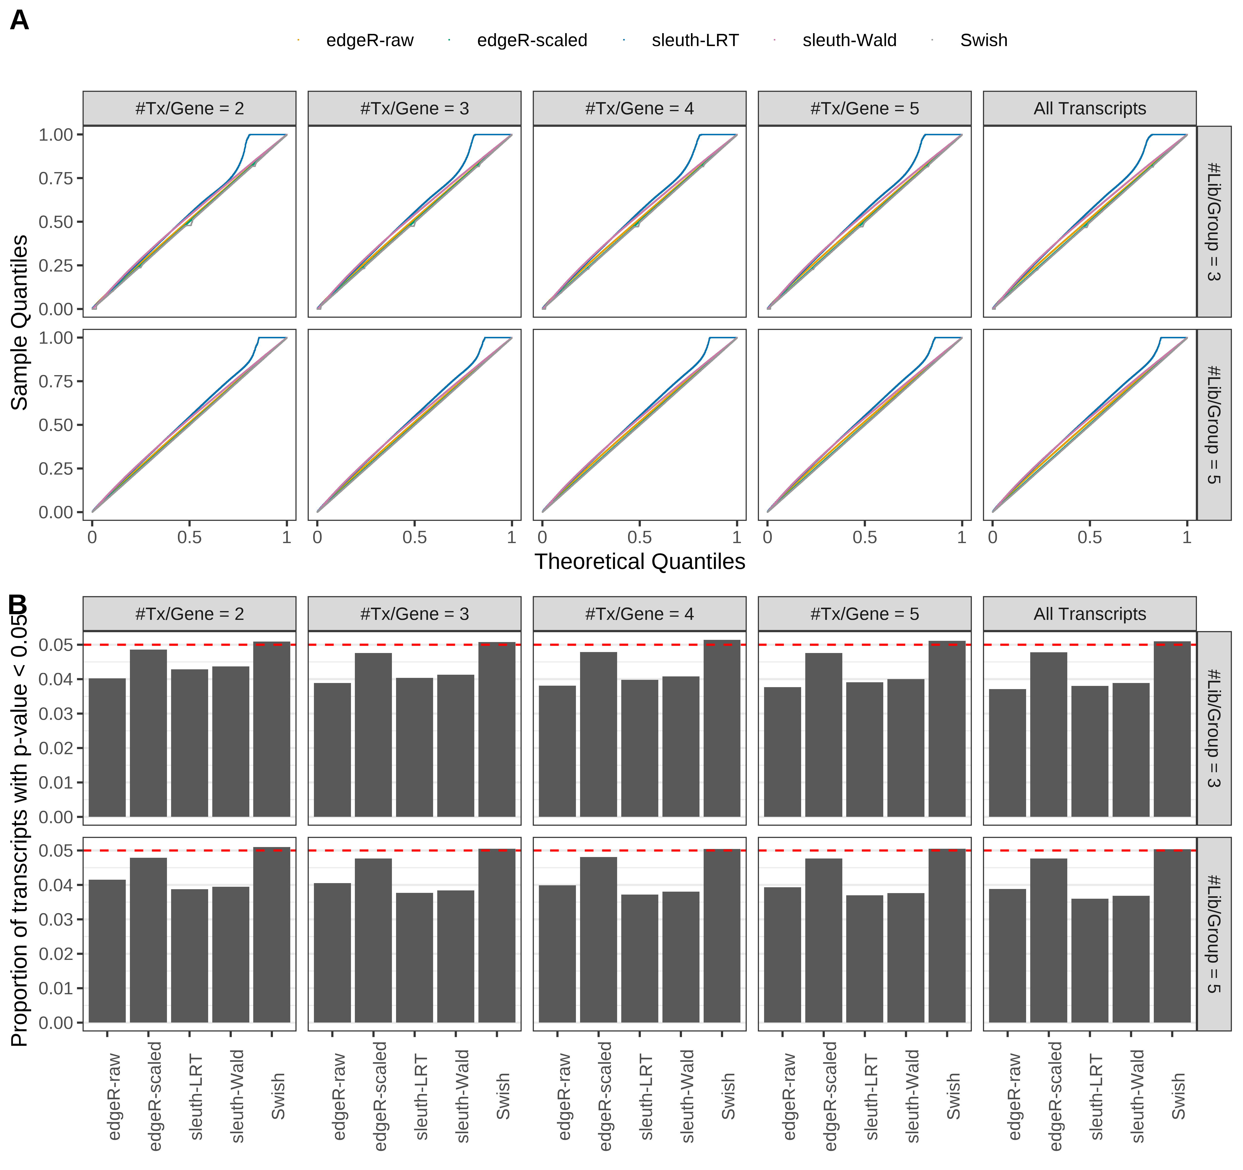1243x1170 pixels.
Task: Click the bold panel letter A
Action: click(x=19, y=21)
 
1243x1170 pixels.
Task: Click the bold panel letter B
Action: click(x=18, y=605)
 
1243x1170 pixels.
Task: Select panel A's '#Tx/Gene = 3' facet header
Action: click(x=414, y=108)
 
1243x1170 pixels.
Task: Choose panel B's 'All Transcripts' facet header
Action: click(x=1089, y=614)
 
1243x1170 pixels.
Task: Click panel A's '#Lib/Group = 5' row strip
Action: click(x=1213, y=425)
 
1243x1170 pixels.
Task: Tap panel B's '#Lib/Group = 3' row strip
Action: click(x=1213, y=728)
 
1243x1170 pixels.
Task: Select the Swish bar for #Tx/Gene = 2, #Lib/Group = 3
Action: click(x=271, y=729)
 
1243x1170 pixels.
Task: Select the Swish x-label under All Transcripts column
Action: click(x=1178, y=1096)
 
